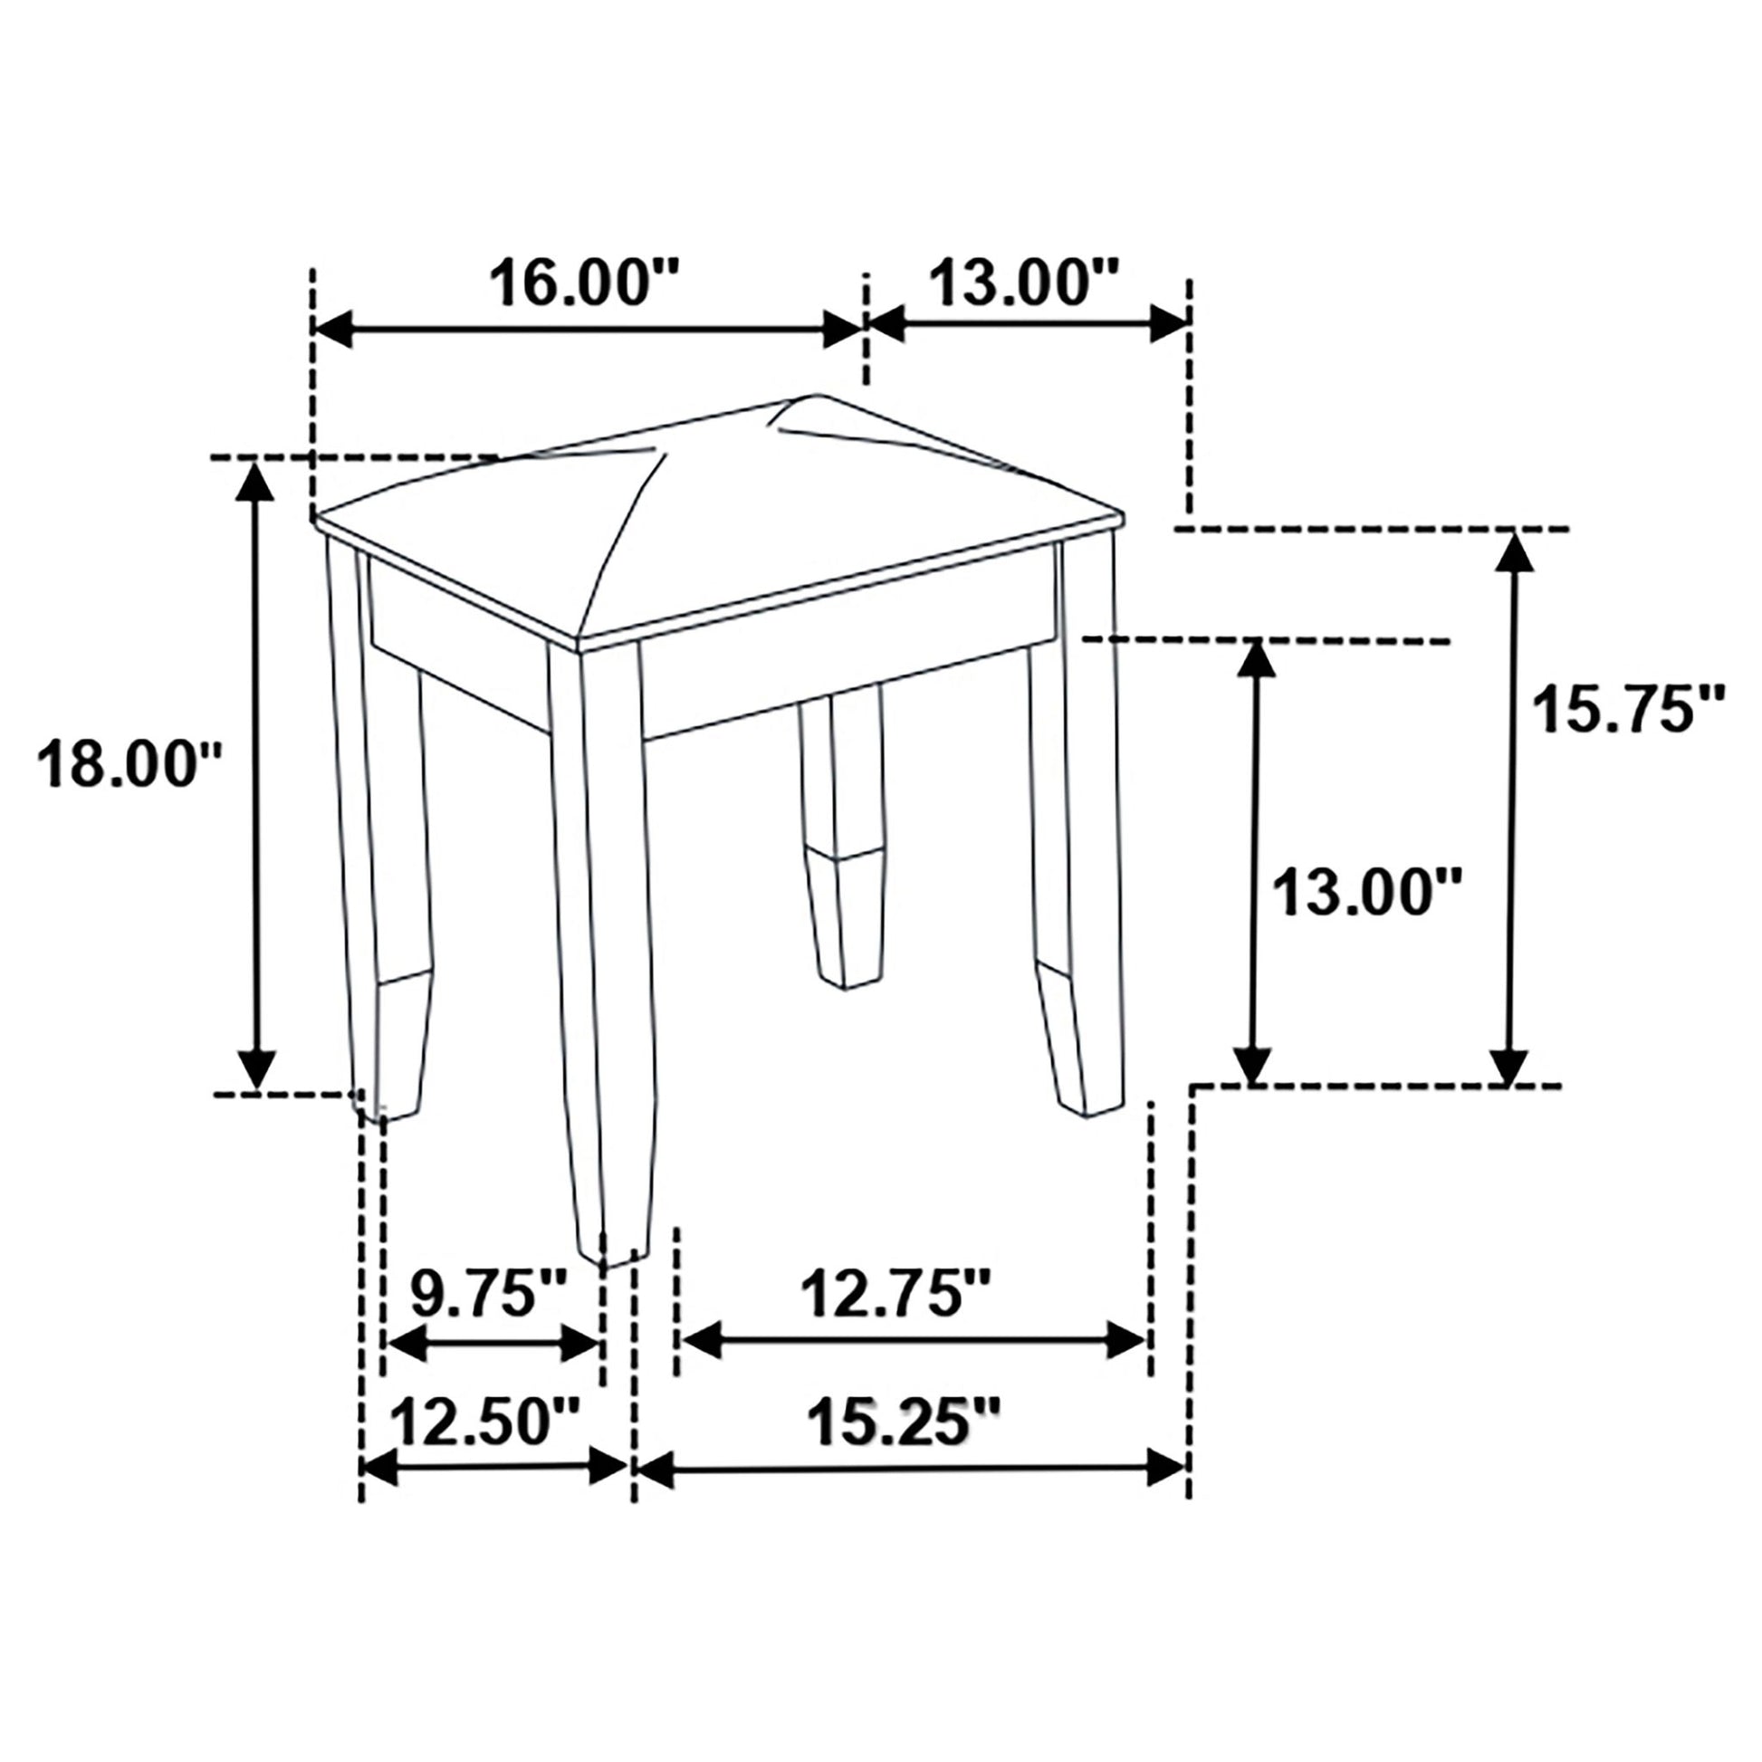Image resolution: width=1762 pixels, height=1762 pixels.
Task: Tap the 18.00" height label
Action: pyautogui.click(x=130, y=763)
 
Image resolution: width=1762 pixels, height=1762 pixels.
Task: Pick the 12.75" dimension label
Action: pyautogui.click(x=895, y=1294)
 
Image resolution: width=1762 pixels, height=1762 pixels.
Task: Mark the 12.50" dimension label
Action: pyautogui.click(x=485, y=1422)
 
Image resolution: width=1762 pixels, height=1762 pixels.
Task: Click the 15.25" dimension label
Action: pyautogui.click(x=903, y=1422)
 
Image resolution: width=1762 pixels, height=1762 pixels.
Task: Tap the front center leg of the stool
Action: pyautogui.click(x=602, y=949)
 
